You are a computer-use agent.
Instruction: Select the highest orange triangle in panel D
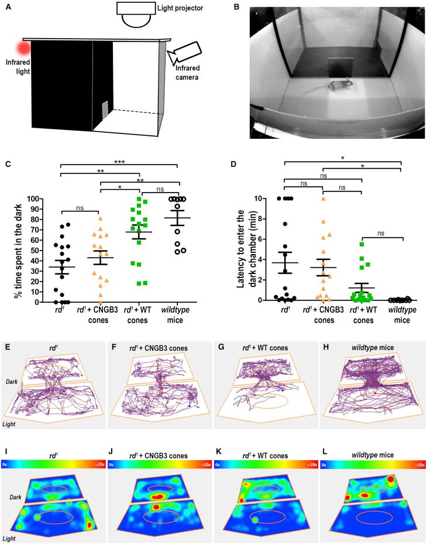323,199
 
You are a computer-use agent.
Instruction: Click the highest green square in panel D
363,244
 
